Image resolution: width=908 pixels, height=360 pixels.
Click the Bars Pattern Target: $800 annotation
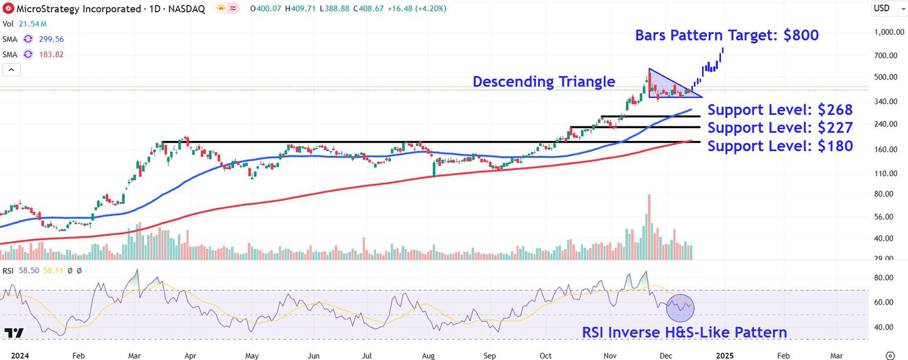click(x=726, y=35)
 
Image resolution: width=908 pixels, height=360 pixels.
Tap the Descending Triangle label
click(x=544, y=82)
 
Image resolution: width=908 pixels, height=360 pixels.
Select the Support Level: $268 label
click(x=780, y=110)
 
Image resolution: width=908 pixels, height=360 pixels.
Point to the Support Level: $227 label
click(x=780, y=128)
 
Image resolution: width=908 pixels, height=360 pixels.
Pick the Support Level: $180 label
click(x=780, y=146)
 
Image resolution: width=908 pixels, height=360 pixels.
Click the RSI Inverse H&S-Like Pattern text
click(x=684, y=332)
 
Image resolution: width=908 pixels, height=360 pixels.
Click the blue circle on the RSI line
click(x=680, y=307)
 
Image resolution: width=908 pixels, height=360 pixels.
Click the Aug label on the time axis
click(x=428, y=355)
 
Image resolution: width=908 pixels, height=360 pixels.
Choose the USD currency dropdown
click(x=885, y=8)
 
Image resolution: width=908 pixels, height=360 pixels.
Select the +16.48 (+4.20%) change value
click(x=408, y=9)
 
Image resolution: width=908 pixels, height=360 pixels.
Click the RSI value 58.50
click(x=28, y=270)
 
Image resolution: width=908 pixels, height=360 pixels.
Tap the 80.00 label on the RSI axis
click(x=887, y=278)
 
